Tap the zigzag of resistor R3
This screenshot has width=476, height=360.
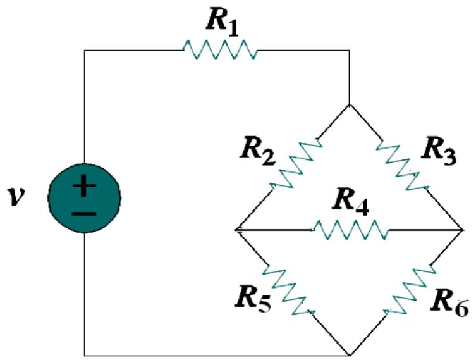pyautogui.click(x=403, y=164)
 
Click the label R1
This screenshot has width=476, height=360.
pyautogui.click(x=223, y=22)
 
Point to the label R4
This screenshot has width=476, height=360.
pyautogui.click(x=352, y=203)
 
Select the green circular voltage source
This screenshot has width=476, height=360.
pyautogui.click(x=84, y=198)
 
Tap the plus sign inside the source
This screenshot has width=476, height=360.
pyautogui.click(x=84, y=187)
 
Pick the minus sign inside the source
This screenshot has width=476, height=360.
pyautogui.click(x=84, y=212)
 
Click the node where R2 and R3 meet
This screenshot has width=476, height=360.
pyautogui.click(x=350, y=104)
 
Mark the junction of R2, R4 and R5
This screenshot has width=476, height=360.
pyautogui.click(x=235, y=229)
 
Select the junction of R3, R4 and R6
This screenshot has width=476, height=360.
pyautogui.click(x=463, y=229)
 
